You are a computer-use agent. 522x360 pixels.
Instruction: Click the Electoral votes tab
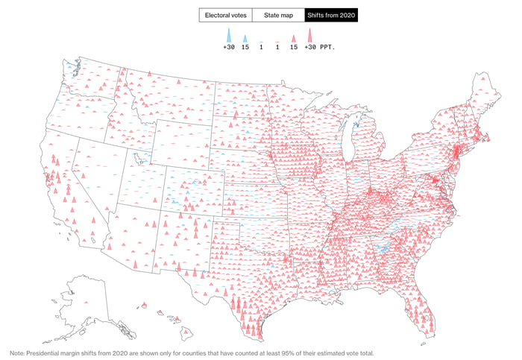(x=226, y=15)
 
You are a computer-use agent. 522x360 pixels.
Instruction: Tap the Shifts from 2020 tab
(x=331, y=15)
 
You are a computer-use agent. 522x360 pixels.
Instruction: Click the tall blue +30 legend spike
(x=229, y=35)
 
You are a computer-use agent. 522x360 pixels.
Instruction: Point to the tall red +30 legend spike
(x=309, y=35)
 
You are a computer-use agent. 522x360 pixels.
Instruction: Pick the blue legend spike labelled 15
(x=245, y=37)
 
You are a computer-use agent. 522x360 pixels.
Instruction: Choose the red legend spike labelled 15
(x=294, y=37)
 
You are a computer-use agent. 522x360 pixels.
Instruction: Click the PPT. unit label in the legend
(x=327, y=47)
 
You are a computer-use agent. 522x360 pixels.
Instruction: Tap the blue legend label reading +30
(x=229, y=47)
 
